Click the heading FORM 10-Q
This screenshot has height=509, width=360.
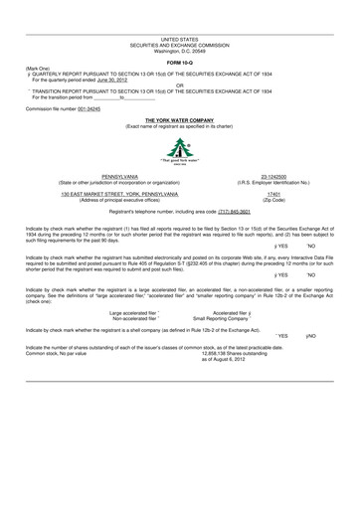pyautogui.click(x=179, y=62)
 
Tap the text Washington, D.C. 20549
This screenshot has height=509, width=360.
pyautogui.click(x=179, y=50)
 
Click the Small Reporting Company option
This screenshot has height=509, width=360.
pyautogui.click(x=232, y=317)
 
